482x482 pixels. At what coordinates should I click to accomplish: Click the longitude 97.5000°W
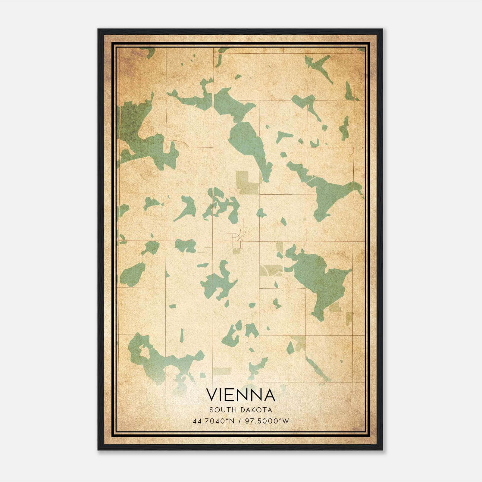coord(267,421)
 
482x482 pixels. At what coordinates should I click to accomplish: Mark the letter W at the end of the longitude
coord(286,421)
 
